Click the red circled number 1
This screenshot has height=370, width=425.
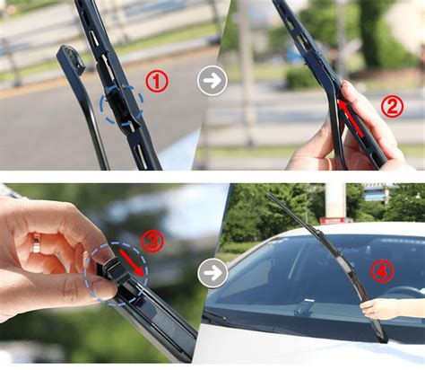click(157, 81)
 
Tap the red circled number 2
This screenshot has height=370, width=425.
click(392, 106)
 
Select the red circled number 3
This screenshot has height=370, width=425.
click(152, 241)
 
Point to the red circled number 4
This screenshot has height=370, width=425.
click(382, 271)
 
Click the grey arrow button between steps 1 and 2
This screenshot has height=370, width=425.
click(212, 81)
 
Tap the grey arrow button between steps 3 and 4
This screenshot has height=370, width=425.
click(212, 273)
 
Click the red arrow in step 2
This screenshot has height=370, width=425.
click(351, 119)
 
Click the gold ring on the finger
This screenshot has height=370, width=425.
click(37, 242)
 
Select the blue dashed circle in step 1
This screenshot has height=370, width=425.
click(122, 103)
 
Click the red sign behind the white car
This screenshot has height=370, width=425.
click(333, 221)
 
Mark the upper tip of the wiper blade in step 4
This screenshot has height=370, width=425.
click(268, 194)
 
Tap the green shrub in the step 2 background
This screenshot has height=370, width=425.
click(302, 78)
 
